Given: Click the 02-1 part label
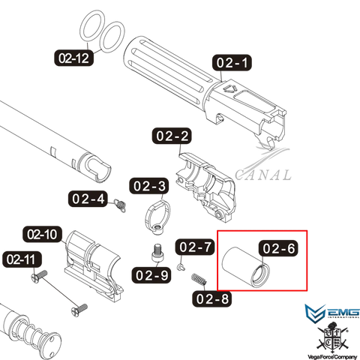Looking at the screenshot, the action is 232,62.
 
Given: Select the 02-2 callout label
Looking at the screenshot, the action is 172,136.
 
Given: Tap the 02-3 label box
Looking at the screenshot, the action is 149,186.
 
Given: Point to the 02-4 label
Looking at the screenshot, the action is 88,199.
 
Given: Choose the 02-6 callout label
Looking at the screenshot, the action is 278,248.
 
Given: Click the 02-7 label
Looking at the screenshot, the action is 195,247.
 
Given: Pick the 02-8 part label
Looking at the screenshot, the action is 212,298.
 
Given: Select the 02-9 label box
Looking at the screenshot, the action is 151,275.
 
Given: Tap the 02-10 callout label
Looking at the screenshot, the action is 42,235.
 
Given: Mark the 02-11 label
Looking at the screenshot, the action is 22,259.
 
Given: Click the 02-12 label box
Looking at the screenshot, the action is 73,58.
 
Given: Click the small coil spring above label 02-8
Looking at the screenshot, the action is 199,280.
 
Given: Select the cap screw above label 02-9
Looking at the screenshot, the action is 157,253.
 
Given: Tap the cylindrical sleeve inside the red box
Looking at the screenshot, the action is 246,267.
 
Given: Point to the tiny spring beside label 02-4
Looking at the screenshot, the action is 120,205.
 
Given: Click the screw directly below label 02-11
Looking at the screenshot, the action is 39,277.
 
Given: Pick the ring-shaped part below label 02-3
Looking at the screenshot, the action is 157,217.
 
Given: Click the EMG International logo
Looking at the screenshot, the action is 332,311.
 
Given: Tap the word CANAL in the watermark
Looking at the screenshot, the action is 263,175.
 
